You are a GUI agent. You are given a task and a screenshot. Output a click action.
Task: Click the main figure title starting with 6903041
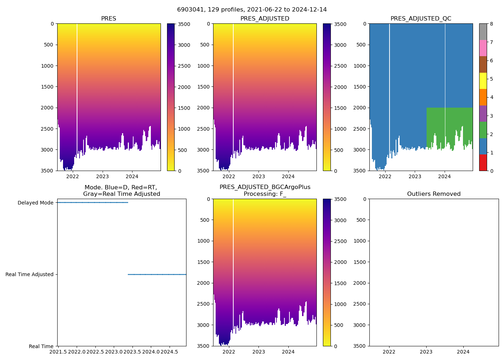(252, 10)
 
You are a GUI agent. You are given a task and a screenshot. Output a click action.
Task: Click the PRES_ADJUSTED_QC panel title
(421, 19)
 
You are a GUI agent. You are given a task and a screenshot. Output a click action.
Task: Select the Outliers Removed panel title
(434, 194)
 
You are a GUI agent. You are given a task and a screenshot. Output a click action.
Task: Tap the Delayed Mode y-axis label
(35, 203)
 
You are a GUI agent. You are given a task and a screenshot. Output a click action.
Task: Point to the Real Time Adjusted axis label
(30, 274)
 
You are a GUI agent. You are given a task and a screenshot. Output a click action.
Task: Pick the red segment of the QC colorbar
(483, 162)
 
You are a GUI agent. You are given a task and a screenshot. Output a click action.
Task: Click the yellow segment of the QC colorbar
(483, 81)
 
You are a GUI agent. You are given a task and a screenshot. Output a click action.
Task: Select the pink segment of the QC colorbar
(483, 48)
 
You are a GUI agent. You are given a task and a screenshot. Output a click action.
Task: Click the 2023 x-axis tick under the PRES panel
(103, 176)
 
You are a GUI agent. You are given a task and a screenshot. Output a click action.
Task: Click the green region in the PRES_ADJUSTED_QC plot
(450, 122)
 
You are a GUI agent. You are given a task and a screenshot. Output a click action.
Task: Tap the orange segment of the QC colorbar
(483, 97)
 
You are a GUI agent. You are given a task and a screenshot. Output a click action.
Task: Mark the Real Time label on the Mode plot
(41, 346)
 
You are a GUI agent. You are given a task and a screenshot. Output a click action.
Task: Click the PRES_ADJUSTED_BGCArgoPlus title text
(265, 187)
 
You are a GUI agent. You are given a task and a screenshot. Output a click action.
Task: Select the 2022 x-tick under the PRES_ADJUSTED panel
(229, 176)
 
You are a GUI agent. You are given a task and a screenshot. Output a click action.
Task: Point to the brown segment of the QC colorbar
(483, 64)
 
